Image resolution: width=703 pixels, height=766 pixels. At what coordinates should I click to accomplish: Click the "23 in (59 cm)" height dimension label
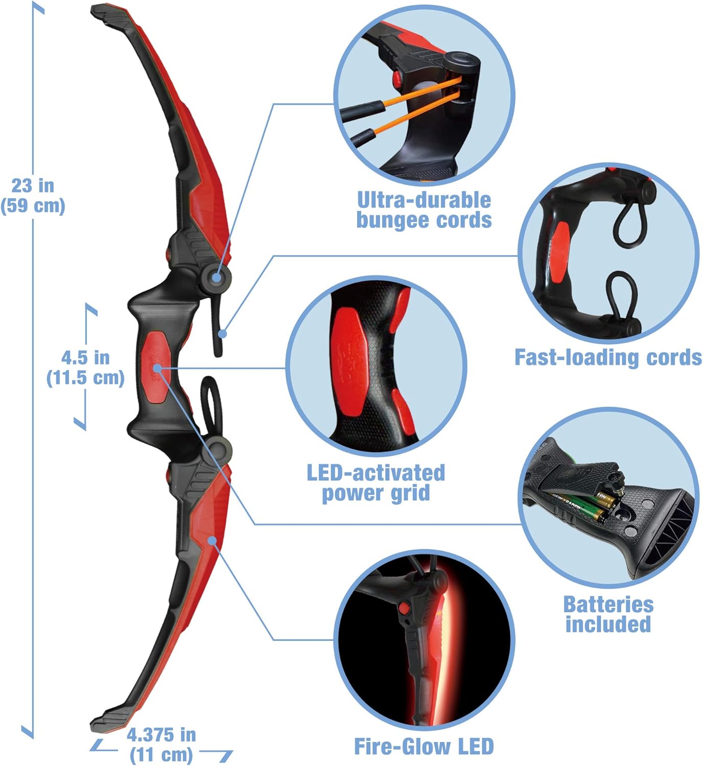pyautogui.click(x=33, y=195)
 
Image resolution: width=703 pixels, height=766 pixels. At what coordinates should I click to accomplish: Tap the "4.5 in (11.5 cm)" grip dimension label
pyautogui.click(x=85, y=368)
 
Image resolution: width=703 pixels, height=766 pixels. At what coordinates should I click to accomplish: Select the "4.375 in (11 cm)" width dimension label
pyautogui.click(x=161, y=745)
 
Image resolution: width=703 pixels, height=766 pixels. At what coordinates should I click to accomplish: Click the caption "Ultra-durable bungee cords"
pyautogui.click(x=424, y=210)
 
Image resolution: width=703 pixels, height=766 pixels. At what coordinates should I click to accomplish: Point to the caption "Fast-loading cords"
pyautogui.click(x=608, y=357)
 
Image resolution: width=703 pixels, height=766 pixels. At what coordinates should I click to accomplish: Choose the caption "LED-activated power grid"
pyautogui.click(x=376, y=483)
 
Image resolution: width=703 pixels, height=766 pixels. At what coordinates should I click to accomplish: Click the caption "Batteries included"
pyautogui.click(x=608, y=614)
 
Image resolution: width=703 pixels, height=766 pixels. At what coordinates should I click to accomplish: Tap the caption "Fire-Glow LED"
pyautogui.click(x=424, y=747)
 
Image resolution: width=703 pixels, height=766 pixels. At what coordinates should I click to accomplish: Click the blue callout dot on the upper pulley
pyautogui.click(x=217, y=278)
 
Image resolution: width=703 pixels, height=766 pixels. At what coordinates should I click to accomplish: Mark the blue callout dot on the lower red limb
pyautogui.click(x=212, y=540)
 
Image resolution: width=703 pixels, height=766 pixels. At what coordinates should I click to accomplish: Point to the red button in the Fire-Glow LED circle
pyautogui.click(x=405, y=608)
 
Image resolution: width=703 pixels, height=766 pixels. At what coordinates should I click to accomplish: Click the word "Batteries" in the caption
pyautogui.click(x=608, y=604)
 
